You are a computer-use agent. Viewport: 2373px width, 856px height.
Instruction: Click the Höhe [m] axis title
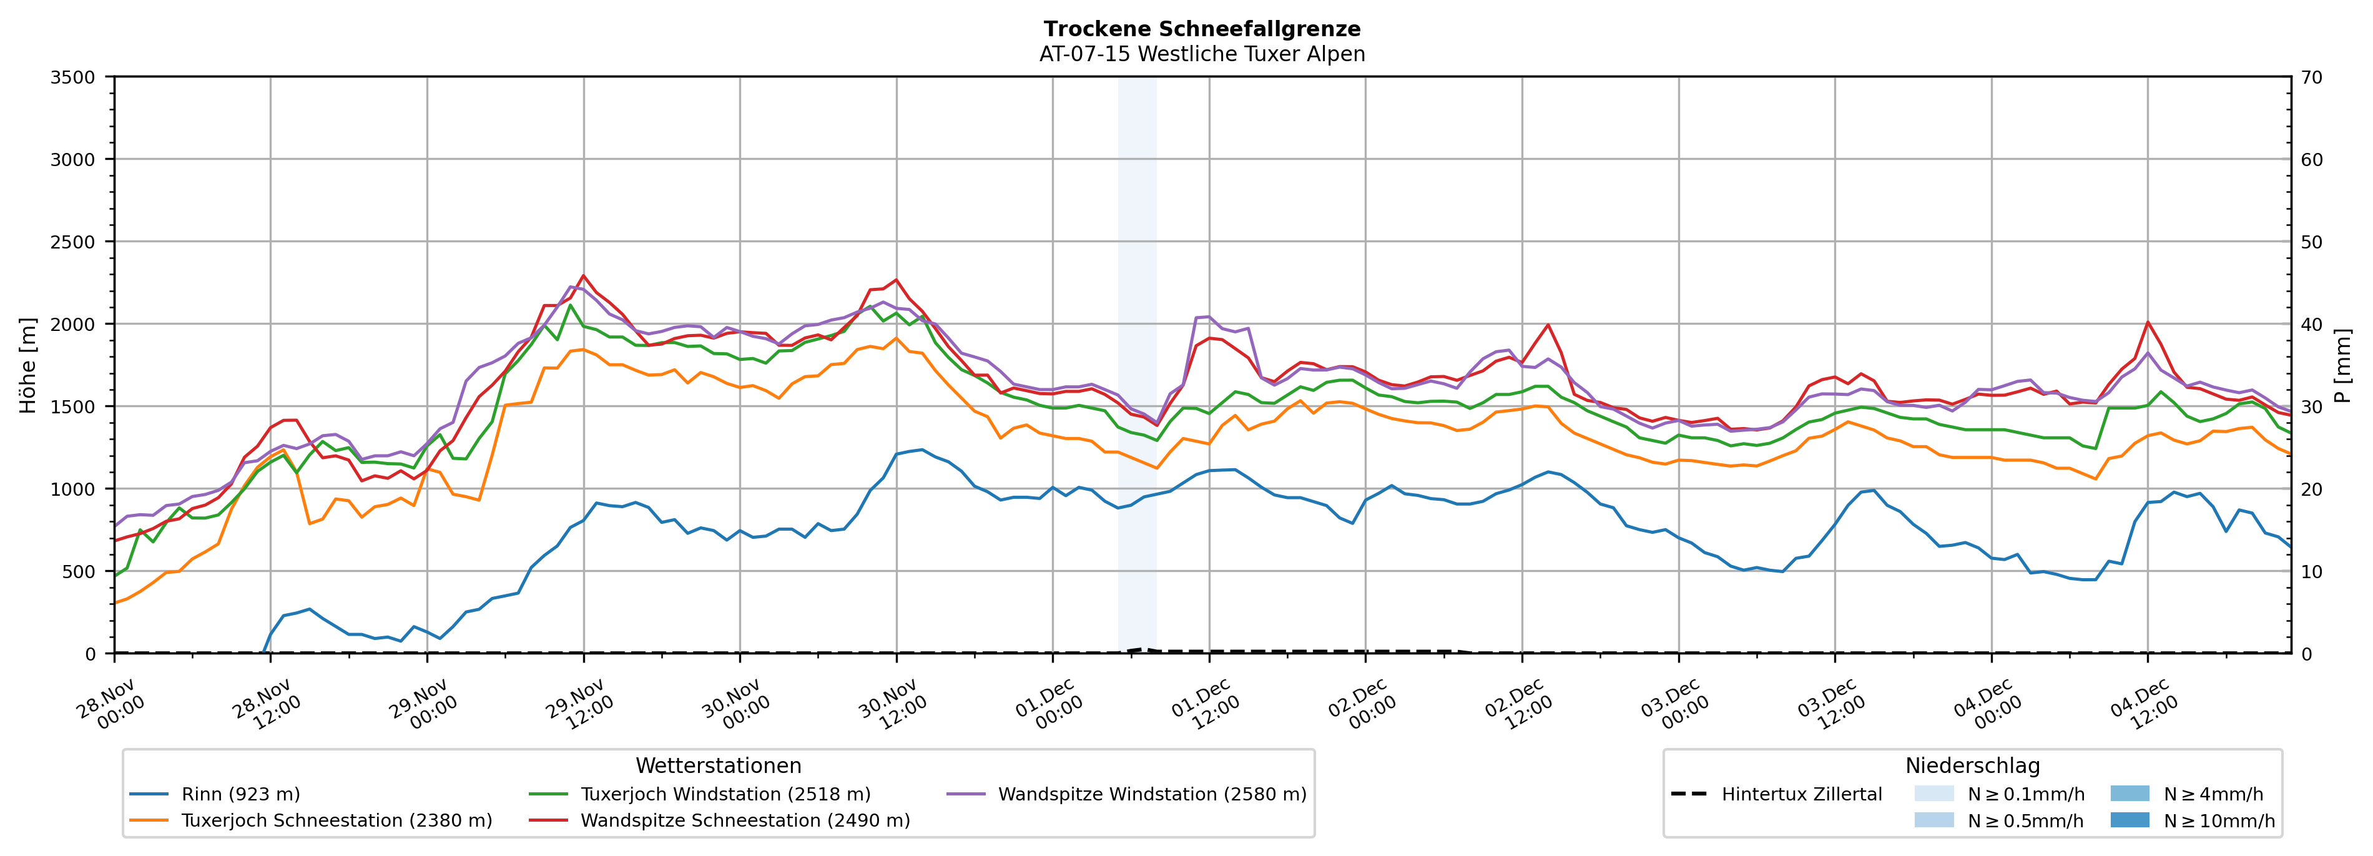pos(29,365)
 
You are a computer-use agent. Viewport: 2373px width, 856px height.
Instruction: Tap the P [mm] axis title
pos(2342,365)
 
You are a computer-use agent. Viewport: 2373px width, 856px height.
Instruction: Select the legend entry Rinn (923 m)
pos(240,794)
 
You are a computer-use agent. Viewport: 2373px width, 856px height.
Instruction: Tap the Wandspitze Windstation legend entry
pos(1151,794)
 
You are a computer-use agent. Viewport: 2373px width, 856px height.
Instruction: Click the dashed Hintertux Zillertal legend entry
pos(1801,794)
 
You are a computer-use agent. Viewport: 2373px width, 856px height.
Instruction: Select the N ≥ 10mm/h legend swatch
pos(2129,820)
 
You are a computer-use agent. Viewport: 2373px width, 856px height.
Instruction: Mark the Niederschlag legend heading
pos(1972,765)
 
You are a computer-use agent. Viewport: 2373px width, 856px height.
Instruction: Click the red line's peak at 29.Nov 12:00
pos(583,275)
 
